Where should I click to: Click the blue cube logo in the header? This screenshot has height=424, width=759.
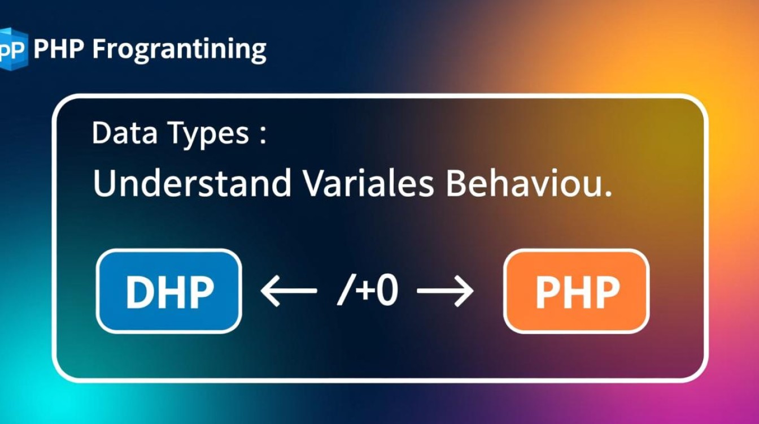(14, 49)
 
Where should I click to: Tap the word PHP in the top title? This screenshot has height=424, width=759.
(59, 49)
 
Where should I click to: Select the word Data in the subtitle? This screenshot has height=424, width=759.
(124, 133)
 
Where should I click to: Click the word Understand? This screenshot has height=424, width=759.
(192, 183)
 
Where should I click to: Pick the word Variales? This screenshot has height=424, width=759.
(369, 183)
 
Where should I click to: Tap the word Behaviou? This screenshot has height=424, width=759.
(524, 183)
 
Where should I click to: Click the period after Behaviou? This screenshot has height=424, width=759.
(608, 193)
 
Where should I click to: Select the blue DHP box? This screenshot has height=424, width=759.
(169, 291)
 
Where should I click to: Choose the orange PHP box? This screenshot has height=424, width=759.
(577, 291)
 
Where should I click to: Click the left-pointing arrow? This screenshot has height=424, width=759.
(289, 291)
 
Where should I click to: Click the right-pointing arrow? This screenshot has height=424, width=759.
(445, 291)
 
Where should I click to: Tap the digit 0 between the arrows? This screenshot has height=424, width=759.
(387, 291)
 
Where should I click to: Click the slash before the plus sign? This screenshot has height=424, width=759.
(344, 291)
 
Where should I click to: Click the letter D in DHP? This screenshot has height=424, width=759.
(139, 292)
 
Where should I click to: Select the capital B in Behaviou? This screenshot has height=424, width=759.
(456, 183)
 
